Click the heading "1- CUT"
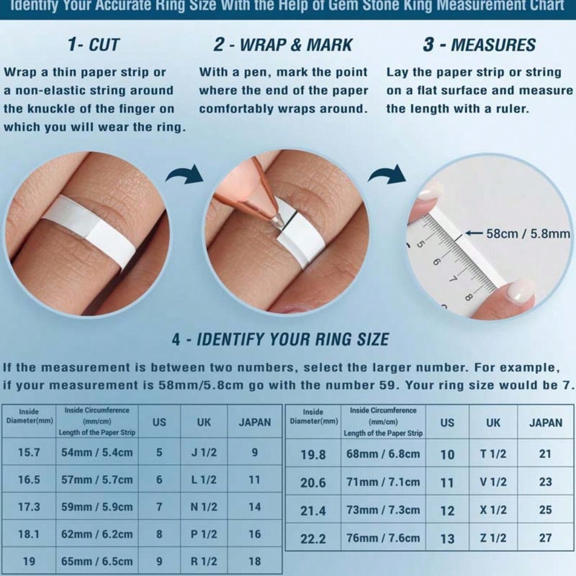[94, 45]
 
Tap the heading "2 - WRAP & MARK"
[283, 45]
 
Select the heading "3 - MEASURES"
[479, 45]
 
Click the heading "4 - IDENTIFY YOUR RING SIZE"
[281, 339]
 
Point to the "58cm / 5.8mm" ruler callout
[528, 234]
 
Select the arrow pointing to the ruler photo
[388, 174]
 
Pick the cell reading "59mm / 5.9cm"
[97, 507]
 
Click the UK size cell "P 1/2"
[204, 534]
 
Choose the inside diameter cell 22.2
[313, 539]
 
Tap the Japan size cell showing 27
[545, 538]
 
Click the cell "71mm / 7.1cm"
[383, 482]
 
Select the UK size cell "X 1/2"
[493, 510]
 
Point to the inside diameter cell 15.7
[29, 452]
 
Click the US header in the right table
[447, 423]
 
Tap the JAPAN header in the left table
[255, 422]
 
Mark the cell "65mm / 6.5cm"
[97, 561]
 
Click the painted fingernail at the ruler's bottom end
[519, 290]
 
